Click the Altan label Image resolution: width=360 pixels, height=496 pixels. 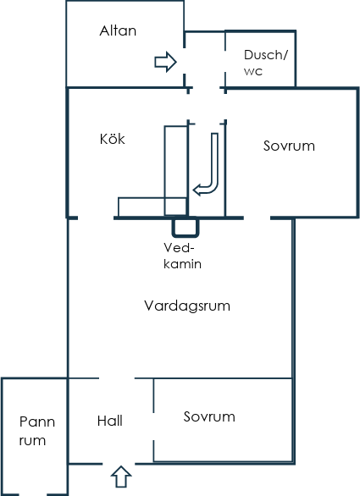pyautogui.click(x=118, y=30)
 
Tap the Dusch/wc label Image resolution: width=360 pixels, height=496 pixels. pyautogui.click(x=266, y=63)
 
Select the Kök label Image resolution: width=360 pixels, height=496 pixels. pyautogui.click(x=112, y=139)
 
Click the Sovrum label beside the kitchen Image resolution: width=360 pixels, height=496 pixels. pyautogui.click(x=289, y=146)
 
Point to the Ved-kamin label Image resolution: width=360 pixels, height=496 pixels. pyautogui.click(x=182, y=256)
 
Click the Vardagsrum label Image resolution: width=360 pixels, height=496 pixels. pyautogui.click(x=187, y=306)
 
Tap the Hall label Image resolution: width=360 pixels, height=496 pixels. pyautogui.click(x=109, y=421)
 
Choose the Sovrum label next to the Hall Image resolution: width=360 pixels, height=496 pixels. pyautogui.click(x=209, y=416)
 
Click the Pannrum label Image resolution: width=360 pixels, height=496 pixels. pyautogui.click(x=37, y=431)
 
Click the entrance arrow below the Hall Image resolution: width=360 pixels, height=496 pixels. pyautogui.click(x=121, y=477)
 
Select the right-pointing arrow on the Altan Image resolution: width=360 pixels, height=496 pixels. pyautogui.click(x=165, y=62)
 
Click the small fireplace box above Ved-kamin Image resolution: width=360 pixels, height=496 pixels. pyautogui.click(x=186, y=228)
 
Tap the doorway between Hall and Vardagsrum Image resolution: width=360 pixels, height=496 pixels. pyautogui.click(x=117, y=378)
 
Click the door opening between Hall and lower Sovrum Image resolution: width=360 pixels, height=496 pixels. pyautogui.click(x=153, y=426)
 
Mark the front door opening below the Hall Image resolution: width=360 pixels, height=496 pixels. pyautogui.click(x=119, y=464)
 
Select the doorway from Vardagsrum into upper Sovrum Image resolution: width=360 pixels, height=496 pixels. pyautogui.click(x=258, y=218)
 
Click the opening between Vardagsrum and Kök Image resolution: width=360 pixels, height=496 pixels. pyautogui.click(x=96, y=218)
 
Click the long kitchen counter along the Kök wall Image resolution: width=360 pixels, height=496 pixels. pyautogui.click(x=175, y=171)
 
